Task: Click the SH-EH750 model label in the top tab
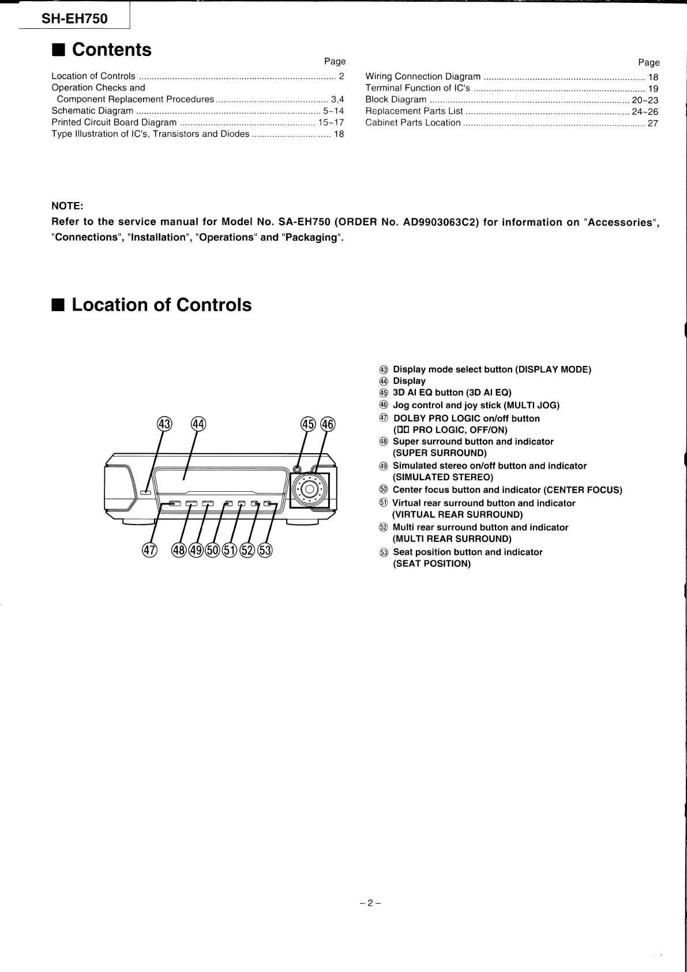pos(74,19)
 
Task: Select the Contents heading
pos(111,50)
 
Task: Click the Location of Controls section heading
pos(162,305)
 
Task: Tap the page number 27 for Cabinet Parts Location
pos(652,123)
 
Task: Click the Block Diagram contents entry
pos(396,99)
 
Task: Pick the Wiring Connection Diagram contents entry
pos(423,76)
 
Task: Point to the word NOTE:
pos(67,206)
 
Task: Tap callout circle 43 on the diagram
pos(164,424)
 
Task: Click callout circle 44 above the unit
pos(198,424)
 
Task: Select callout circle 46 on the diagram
pos(328,424)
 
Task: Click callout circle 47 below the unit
pos(149,550)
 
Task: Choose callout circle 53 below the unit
pos(265,550)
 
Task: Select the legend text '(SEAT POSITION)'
pos(431,563)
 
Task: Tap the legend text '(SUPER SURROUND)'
pos(440,453)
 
